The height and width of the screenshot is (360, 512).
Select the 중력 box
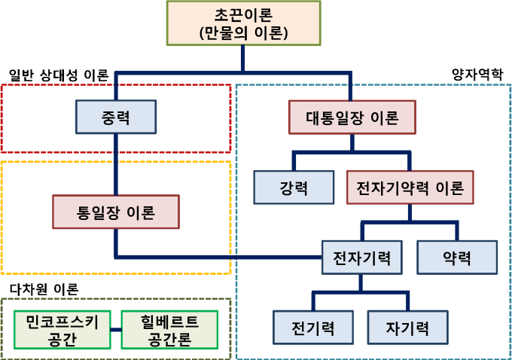tap(116, 117)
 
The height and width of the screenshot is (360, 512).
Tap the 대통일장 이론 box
tap(352, 118)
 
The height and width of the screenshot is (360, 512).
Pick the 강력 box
tap(293, 188)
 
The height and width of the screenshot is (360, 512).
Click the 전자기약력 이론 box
tap(410, 188)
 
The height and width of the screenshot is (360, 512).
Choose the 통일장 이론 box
tap(116, 212)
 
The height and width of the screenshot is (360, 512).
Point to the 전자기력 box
tap(361, 257)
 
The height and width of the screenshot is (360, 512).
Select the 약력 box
tap(457, 257)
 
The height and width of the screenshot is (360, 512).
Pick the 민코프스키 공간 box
tap(62, 330)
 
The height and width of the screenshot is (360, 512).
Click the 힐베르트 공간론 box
tap(169, 330)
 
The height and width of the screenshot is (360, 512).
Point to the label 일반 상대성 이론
tap(59, 75)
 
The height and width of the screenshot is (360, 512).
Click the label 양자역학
tap(477, 75)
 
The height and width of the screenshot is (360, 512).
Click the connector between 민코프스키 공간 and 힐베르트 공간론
tap(115, 330)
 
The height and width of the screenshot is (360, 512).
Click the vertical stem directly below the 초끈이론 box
tap(243, 58)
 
